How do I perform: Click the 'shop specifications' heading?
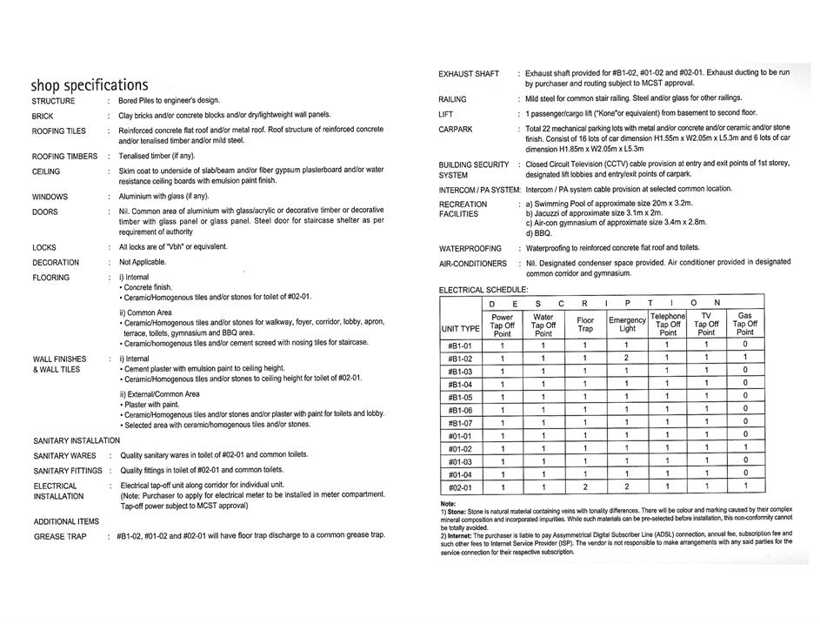(90, 85)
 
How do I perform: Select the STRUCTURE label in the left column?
(54, 101)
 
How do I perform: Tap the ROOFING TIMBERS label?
(65, 157)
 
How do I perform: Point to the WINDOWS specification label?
(50, 197)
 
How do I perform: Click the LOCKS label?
(44, 247)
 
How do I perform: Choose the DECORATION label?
(56, 263)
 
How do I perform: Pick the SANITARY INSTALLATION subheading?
(77, 440)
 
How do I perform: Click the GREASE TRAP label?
(60, 536)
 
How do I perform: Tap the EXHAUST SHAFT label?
(469, 74)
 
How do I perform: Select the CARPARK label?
(456, 130)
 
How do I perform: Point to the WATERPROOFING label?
(470, 249)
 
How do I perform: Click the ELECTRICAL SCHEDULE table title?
(483, 290)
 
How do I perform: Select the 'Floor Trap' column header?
(585, 325)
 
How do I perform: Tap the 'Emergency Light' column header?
(627, 325)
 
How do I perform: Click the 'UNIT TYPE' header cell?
(460, 328)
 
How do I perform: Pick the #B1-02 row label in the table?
(460, 359)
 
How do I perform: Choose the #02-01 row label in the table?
(460, 487)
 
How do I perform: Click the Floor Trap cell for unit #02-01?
(585, 487)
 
